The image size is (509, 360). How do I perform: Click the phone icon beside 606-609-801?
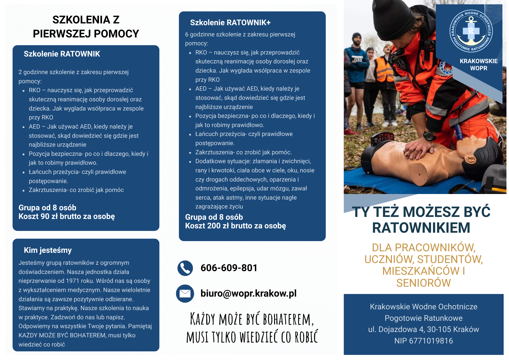click(x=185, y=268)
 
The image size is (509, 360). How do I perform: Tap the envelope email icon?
click(x=185, y=294)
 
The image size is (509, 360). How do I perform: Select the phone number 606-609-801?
click(x=229, y=268)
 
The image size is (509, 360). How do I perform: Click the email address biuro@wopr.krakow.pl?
click(x=248, y=293)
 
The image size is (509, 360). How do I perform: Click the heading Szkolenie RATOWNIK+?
click(x=230, y=23)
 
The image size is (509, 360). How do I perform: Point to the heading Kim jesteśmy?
click(x=48, y=250)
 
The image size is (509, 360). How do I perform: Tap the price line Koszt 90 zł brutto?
click(x=67, y=216)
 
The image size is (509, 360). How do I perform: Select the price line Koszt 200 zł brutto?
click(x=235, y=226)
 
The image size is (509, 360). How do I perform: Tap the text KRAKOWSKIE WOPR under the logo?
click(x=478, y=65)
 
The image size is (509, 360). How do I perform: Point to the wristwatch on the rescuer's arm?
click(x=429, y=136)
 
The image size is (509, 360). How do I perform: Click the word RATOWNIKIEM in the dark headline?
click(x=421, y=228)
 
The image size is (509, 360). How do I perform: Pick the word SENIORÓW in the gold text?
click(x=423, y=283)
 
